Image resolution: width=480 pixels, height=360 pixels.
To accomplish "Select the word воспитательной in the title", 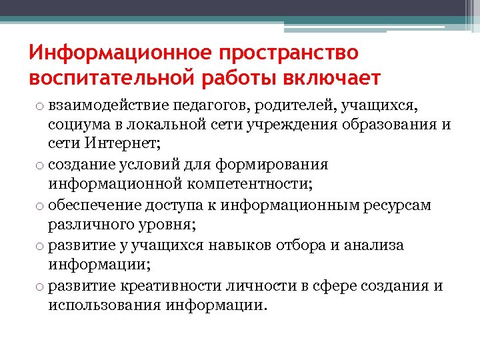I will (110, 78).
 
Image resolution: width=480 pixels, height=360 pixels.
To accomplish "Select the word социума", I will (77, 125).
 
